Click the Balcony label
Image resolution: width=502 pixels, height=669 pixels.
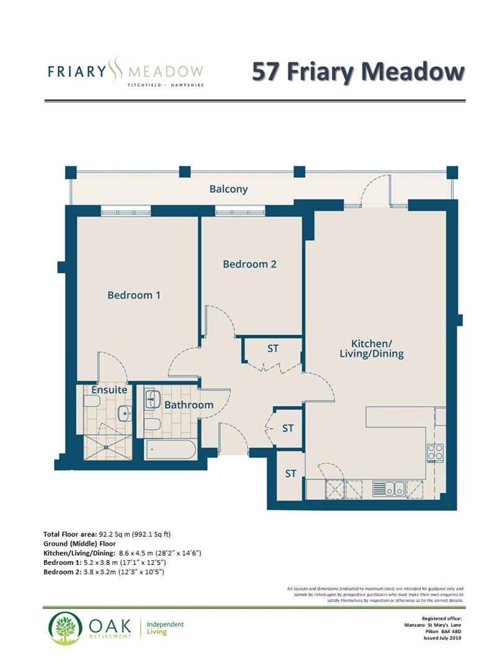click(228, 189)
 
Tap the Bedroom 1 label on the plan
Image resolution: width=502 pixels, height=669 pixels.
click(134, 295)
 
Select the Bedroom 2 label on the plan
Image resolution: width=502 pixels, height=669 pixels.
click(249, 264)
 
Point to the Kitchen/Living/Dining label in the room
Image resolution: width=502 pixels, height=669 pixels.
click(377, 349)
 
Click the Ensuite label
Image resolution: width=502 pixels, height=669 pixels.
click(109, 390)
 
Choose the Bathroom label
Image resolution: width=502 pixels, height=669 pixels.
click(188, 405)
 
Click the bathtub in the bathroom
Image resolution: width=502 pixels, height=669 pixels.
click(170, 449)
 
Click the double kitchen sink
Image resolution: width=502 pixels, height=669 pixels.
click(389, 488)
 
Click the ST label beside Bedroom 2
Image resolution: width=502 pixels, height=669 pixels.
click(273, 349)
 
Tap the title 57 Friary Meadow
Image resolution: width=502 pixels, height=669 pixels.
click(358, 71)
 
